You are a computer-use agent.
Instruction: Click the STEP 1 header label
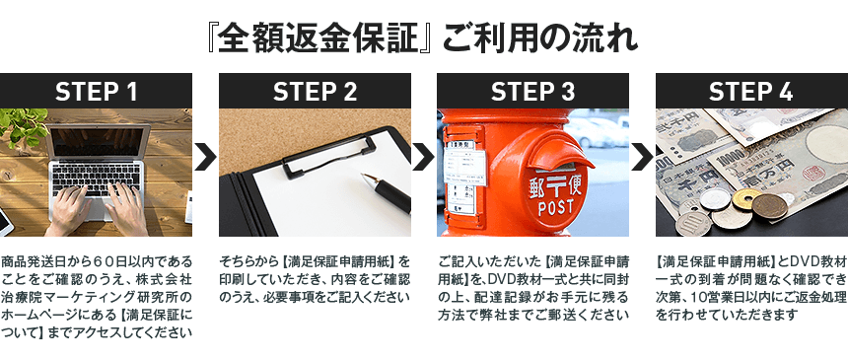(97, 92)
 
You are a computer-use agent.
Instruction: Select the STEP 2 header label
(315, 92)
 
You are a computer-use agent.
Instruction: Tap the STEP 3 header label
(532, 92)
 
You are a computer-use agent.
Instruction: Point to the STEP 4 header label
(751, 92)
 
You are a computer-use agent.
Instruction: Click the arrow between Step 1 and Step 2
(205, 157)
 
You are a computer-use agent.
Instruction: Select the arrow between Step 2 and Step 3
(423, 157)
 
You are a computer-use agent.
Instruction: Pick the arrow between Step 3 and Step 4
(642, 157)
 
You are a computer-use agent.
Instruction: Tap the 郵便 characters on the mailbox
(555, 187)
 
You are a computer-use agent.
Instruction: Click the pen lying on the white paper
(387, 191)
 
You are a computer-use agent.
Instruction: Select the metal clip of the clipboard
(328, 155)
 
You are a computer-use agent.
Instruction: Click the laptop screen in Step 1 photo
(99, 142)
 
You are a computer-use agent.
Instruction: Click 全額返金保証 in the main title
(319, 39)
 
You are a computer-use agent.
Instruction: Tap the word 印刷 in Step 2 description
(232, 280)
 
